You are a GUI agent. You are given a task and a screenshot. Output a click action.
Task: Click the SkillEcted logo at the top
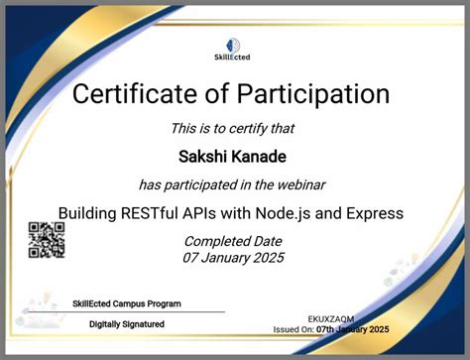[x=234, y=48]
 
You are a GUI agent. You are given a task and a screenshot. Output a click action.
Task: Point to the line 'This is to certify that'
[x=234, y=127]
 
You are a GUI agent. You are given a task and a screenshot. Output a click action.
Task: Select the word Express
[x=375, y=212]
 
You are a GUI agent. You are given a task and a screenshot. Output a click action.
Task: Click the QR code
[x=46, y=239]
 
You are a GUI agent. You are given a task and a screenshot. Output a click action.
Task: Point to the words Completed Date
[x=234, y=241]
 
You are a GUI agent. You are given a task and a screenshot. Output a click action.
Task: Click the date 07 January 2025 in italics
[x=234, y=258]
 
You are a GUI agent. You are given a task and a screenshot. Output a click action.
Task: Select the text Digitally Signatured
[x=127, y=323]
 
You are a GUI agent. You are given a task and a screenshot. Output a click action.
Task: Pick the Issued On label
[x=294, y=329]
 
